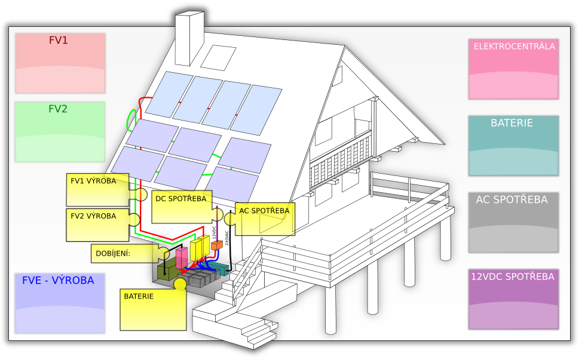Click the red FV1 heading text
point(58,41)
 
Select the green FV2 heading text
point(58,109)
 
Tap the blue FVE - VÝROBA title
point(58,281)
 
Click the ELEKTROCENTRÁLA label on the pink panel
point(514,46)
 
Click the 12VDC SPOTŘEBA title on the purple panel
point(513,277)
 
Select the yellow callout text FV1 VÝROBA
point(94,181)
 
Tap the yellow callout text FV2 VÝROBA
point(94,216)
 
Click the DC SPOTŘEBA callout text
point(180,198)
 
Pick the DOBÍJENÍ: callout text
point(113,253)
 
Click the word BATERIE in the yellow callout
point(139,296)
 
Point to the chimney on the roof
point(190,39)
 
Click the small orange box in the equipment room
point(216,245)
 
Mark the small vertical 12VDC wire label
point(214,232)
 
